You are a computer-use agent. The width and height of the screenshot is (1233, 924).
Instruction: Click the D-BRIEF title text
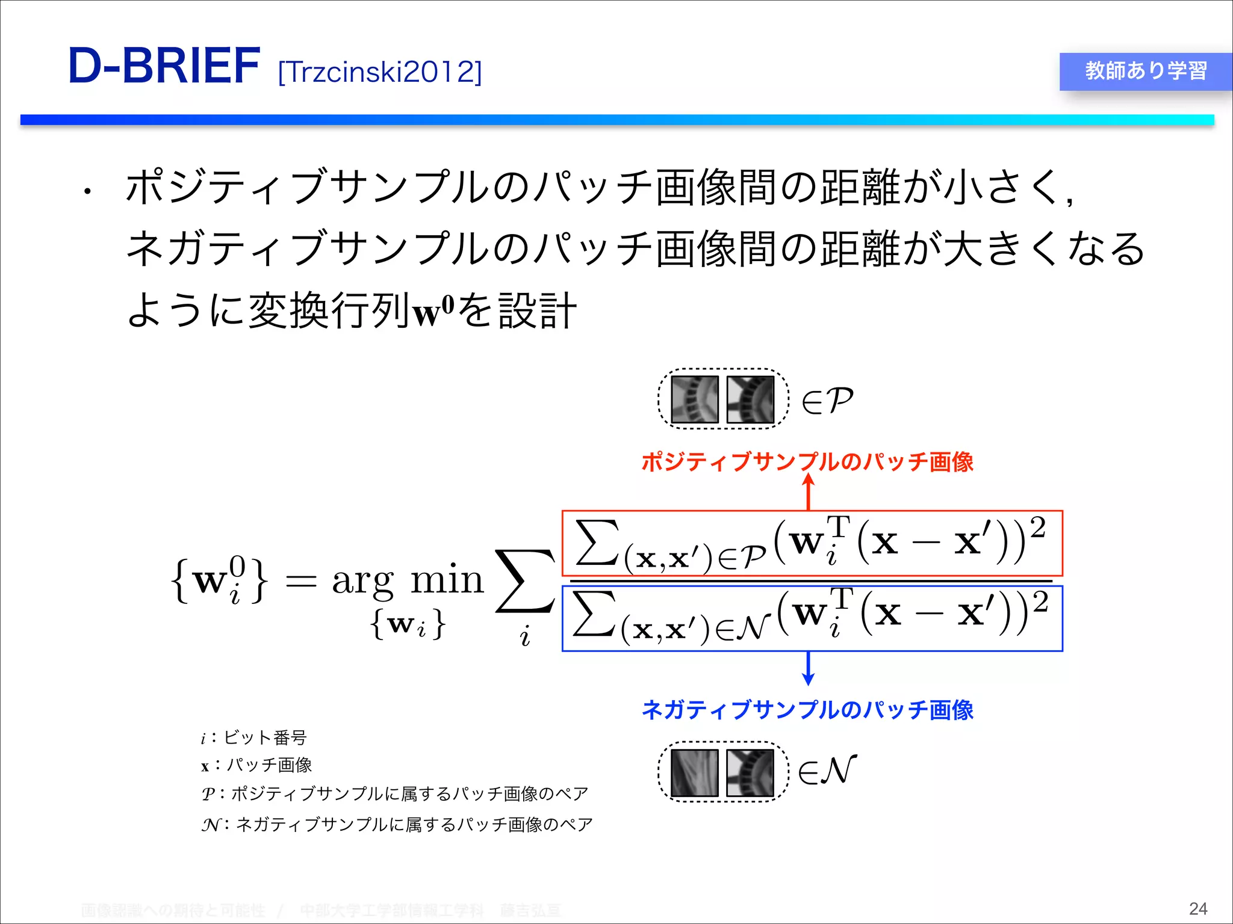click(x=164, y=66)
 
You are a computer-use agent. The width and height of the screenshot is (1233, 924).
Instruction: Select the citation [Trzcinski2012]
click(x=380, y=72)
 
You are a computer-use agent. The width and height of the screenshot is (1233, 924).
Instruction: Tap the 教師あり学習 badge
click(x=1145, y=71)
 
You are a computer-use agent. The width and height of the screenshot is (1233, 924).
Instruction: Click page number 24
click(x=1197, y=908)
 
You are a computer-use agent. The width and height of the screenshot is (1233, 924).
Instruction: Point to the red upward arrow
click(x=809, y=491)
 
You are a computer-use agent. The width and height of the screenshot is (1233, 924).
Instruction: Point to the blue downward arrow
click(x=809, y=668)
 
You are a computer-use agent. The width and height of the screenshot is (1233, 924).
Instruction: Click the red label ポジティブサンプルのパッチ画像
click(x=807, y=462)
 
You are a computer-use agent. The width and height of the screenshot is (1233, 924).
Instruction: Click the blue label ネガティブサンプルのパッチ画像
click(x=807, y=710)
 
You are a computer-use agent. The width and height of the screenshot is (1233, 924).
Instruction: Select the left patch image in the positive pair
click(x=695, y=399)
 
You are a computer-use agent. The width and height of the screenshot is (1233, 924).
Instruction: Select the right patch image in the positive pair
click(x=750, y=399)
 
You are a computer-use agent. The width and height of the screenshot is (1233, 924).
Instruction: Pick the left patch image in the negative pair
click(x=695, y=772)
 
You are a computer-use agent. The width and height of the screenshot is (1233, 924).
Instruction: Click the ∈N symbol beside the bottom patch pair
click(x=827, y=771)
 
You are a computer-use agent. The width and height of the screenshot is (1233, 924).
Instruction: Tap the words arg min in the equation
click(x=408, y=581)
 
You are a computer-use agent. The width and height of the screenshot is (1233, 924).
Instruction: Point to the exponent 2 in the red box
click(x=1037, y=528)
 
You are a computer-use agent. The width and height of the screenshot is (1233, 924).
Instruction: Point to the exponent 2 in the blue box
click(x=1040, y=602)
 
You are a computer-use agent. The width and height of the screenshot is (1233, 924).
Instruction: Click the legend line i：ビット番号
click(x=254, y=738)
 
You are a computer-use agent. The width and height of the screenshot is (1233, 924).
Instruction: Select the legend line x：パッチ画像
click(x=256, y=765)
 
